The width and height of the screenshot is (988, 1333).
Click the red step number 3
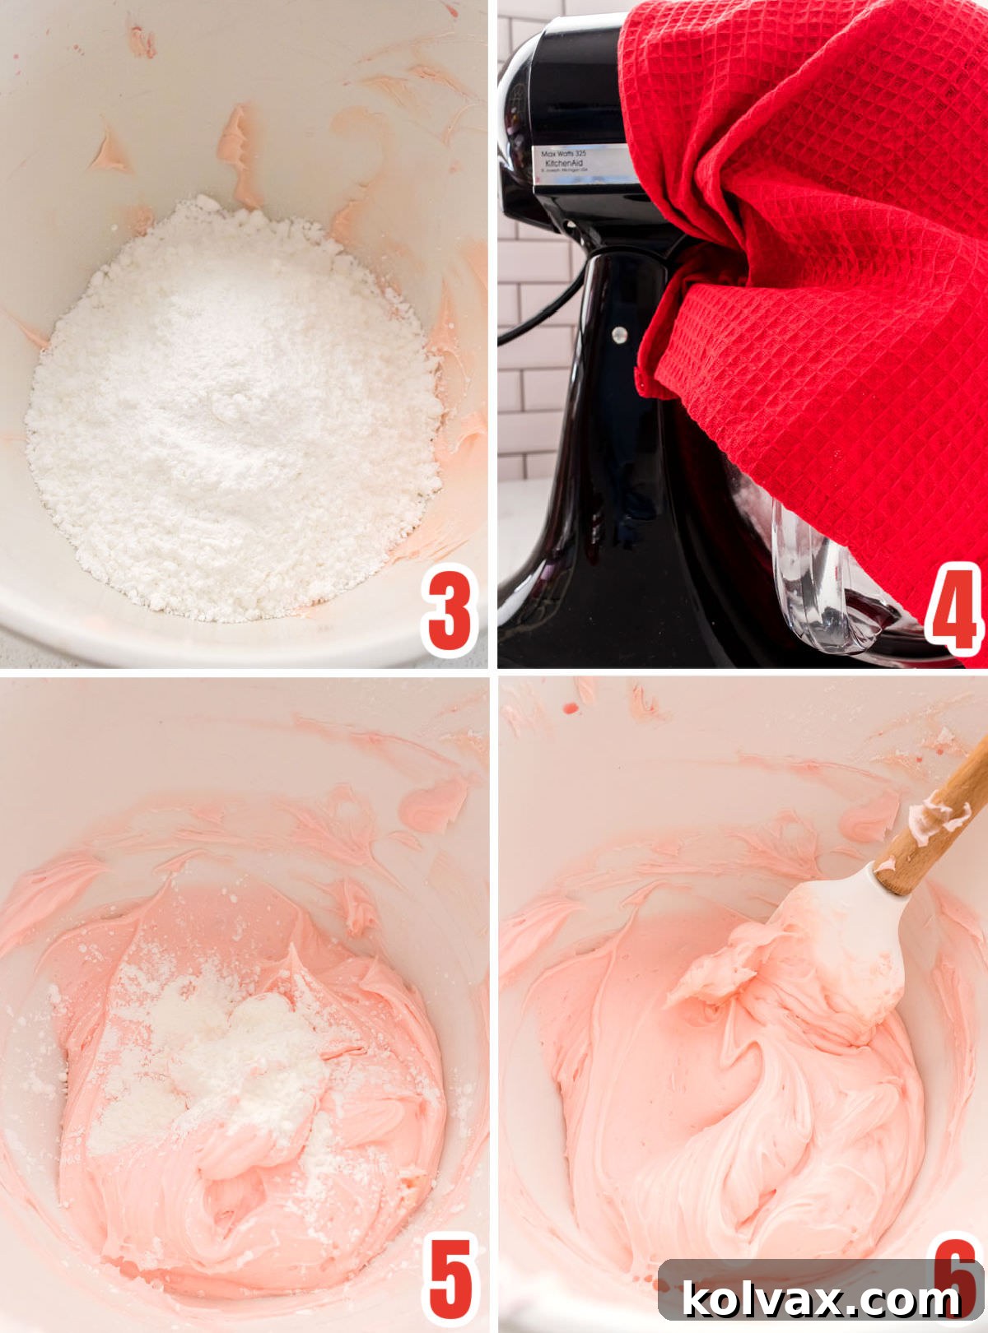coord(450,611)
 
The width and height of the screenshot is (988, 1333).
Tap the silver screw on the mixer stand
coord(619,334)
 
